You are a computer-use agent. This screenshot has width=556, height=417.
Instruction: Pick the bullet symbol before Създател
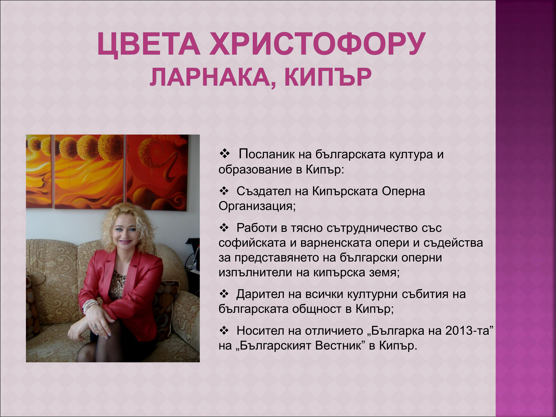224,191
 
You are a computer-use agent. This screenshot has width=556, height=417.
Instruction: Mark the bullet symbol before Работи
224,228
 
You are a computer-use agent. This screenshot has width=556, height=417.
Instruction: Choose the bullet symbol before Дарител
224,294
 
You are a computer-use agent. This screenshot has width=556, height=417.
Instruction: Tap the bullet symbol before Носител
224,330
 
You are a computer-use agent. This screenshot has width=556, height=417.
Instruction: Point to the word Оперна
403,191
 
